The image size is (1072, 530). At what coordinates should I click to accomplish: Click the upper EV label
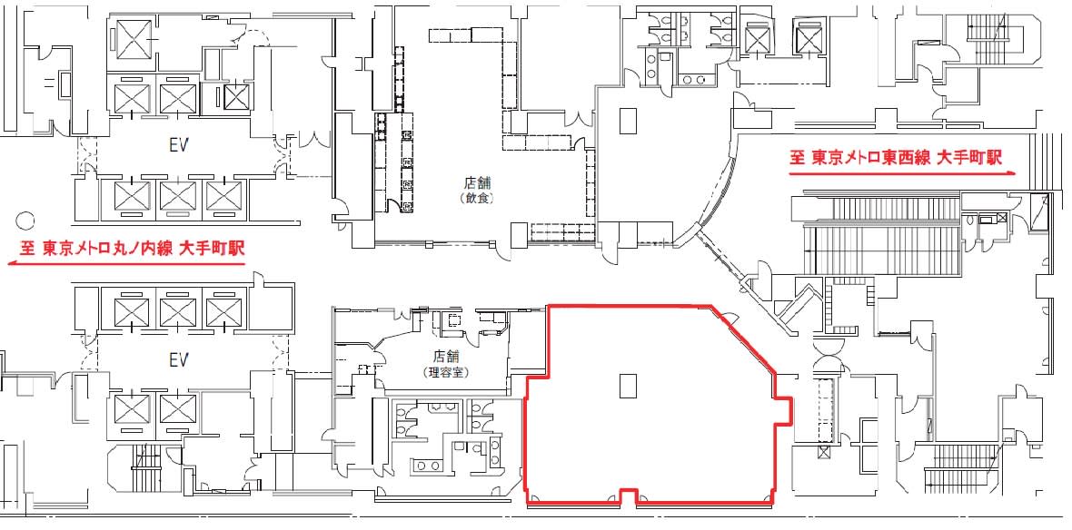[x=178, y=145]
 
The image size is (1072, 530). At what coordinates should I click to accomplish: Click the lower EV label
[x=178, y=360]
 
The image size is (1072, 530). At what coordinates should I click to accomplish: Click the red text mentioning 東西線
[x=896, y=159]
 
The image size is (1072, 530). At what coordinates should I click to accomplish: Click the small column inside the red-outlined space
[x=629, y=385]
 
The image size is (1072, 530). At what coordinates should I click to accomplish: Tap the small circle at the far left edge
[x=25, y=221]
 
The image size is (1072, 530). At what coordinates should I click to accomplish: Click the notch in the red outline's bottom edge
[x=629, y=497]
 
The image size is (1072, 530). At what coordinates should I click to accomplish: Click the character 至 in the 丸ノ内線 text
[x=28, y=250]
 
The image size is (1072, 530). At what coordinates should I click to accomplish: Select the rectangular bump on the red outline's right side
[x=783, y=409]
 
